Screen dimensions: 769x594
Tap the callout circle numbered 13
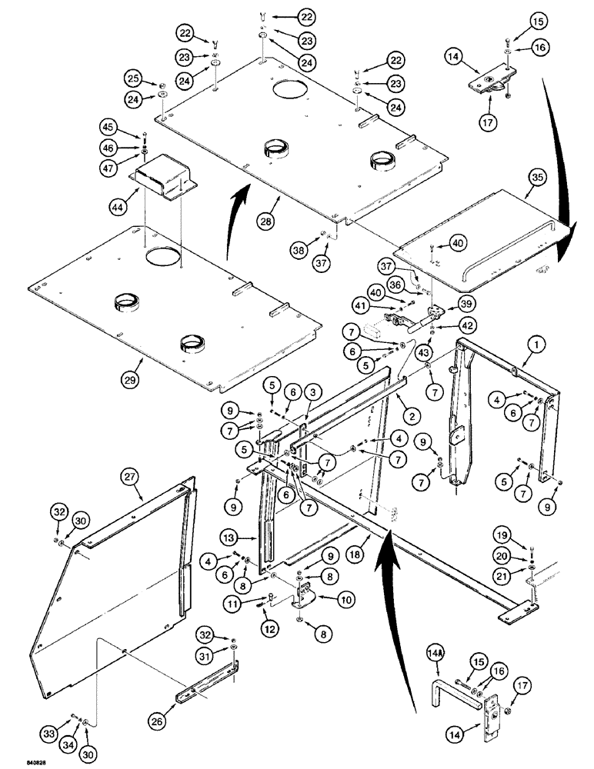pos(248,538)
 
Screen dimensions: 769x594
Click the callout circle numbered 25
pos(133,79)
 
